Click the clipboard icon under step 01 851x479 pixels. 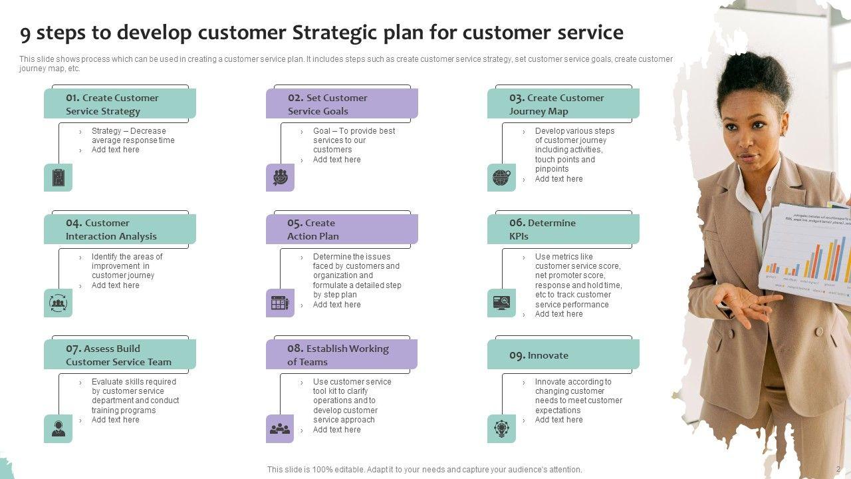[58, 178]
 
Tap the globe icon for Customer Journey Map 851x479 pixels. [501, 178]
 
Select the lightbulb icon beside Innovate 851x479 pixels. [501, 429]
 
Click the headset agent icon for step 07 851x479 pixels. [58, 429]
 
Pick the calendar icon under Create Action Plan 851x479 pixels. [280, 303]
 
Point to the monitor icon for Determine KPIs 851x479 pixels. [501, 303]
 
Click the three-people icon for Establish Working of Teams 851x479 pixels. [280, 429]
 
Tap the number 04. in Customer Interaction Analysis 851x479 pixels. [74, 223]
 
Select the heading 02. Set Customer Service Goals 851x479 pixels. [327, 104]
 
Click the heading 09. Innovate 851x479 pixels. [539, 355]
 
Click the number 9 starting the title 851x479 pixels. [25, 33]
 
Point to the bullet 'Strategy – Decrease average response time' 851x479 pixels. [133, 136]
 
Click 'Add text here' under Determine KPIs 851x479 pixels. [558, 314]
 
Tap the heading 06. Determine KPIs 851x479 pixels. [542, 230]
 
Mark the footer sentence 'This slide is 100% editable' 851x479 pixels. [424, 470]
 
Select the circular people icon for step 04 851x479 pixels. [58, 303]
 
